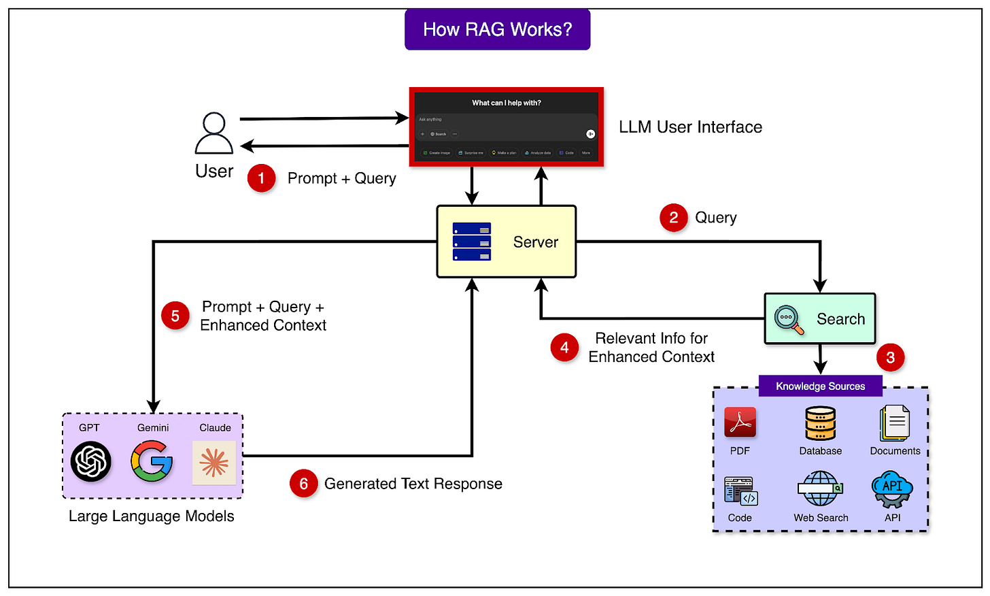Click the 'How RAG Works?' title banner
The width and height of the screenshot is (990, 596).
click(x=497, y=29)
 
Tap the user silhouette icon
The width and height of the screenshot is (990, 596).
click(x=214, y=133)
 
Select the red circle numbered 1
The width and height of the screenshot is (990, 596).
click(x=261, y=178)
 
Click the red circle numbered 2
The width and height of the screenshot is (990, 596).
click(x=673, y=218)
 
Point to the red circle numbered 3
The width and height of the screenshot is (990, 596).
click(x=890, y=357)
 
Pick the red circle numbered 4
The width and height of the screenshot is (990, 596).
click(x=564, y=348)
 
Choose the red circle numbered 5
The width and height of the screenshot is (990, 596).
click(x=175, y=316)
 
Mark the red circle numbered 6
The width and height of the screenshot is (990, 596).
click(x=303, y=484)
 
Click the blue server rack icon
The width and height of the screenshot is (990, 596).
click(x=472, y=242)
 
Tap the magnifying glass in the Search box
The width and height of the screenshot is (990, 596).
click(x=789, y=320)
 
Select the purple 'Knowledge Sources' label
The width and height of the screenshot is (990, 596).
click(x=820, y=386)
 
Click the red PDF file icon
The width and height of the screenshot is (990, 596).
click(x=740, y=423)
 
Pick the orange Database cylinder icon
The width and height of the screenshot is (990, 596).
click(x=820, y=423)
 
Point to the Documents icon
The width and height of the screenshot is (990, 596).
click(x=895, y=423)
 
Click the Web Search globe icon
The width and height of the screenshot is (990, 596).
click(x=820, y=489)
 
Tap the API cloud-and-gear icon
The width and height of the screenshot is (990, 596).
click(x=892, y=489)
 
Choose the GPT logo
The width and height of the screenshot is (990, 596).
click(x=90, y=461)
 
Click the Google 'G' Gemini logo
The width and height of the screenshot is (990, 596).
click(x=152, y=461)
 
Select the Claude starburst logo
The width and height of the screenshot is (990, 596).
click(x=214, y=463)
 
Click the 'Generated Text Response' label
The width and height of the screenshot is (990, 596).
click(x=413, y=484)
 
